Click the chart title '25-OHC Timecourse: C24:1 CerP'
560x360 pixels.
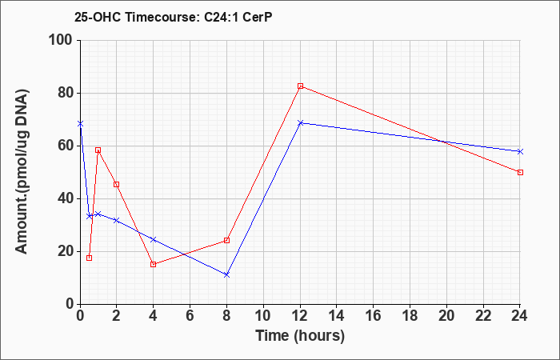tap(174, 17)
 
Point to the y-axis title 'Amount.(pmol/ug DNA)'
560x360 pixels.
tap(22, 171)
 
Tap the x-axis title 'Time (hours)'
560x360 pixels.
tap(300, 336)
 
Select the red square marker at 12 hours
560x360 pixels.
tap(300, 86)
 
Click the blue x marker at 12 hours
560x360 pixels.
tap(300, 123)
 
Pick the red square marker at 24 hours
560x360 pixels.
tap(520, 173)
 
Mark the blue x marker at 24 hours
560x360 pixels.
tap(520, 152)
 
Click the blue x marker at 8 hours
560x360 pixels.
tap(226, 275)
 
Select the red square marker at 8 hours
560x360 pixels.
tap(226, 240)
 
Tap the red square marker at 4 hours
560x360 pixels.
tap(154, 265)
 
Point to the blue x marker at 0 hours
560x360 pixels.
tap(80, 124)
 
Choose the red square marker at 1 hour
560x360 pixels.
tap(98, 150)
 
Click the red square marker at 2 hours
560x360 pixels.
tap(117, 185)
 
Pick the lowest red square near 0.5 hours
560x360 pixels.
tap(90, 258)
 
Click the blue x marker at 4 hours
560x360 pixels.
tap(154, 240)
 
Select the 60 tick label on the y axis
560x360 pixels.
tap(66, 146)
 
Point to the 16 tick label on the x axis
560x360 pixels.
tap(374, 316)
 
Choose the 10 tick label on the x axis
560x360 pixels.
tap(263, 316)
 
